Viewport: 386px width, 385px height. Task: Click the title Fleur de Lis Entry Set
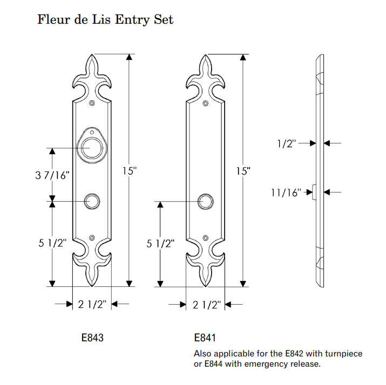(x=105, y=19)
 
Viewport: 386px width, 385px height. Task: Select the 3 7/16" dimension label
(x=52, y=175)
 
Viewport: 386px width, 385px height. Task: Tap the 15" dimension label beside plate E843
(x=130, y=171)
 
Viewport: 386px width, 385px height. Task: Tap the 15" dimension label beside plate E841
(x=243, y=171)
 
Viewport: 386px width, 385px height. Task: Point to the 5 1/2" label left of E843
(x=52, y=243)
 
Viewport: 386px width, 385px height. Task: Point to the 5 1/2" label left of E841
(x=160, y=244)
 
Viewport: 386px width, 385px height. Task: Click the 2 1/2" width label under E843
(x=92, y=304)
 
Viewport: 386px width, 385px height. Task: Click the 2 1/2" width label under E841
(x=207, y=305)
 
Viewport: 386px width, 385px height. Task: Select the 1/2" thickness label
(x=287, y=143)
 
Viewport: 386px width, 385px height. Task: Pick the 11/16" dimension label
(x=286, y=192)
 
